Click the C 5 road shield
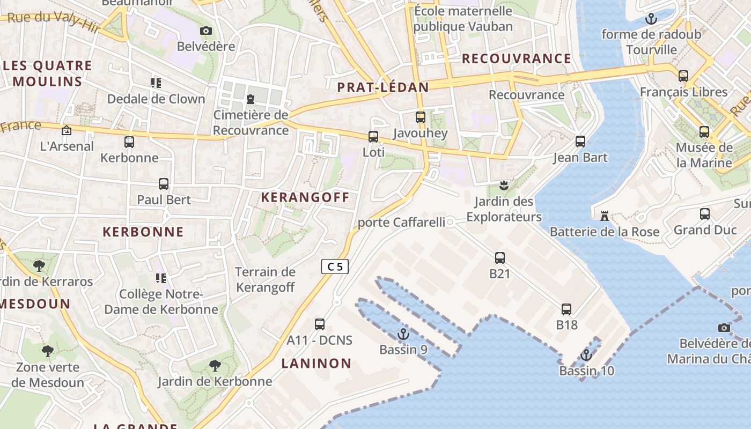335,267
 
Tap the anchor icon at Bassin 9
403,335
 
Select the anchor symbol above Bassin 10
586,355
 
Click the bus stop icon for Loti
373,137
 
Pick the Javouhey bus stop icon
421,117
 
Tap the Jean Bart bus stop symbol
580,142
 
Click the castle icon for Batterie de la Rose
605,216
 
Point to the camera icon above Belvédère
206,31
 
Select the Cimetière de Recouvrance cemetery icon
251,99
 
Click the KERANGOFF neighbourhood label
305,197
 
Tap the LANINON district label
316,364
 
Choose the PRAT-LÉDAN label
383,87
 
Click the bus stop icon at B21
500,258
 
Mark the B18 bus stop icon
566,309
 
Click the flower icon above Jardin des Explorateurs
503,186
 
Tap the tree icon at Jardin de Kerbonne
215,366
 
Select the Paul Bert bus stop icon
164,184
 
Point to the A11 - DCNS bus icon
320,324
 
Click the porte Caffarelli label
401,222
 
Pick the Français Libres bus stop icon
683,76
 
